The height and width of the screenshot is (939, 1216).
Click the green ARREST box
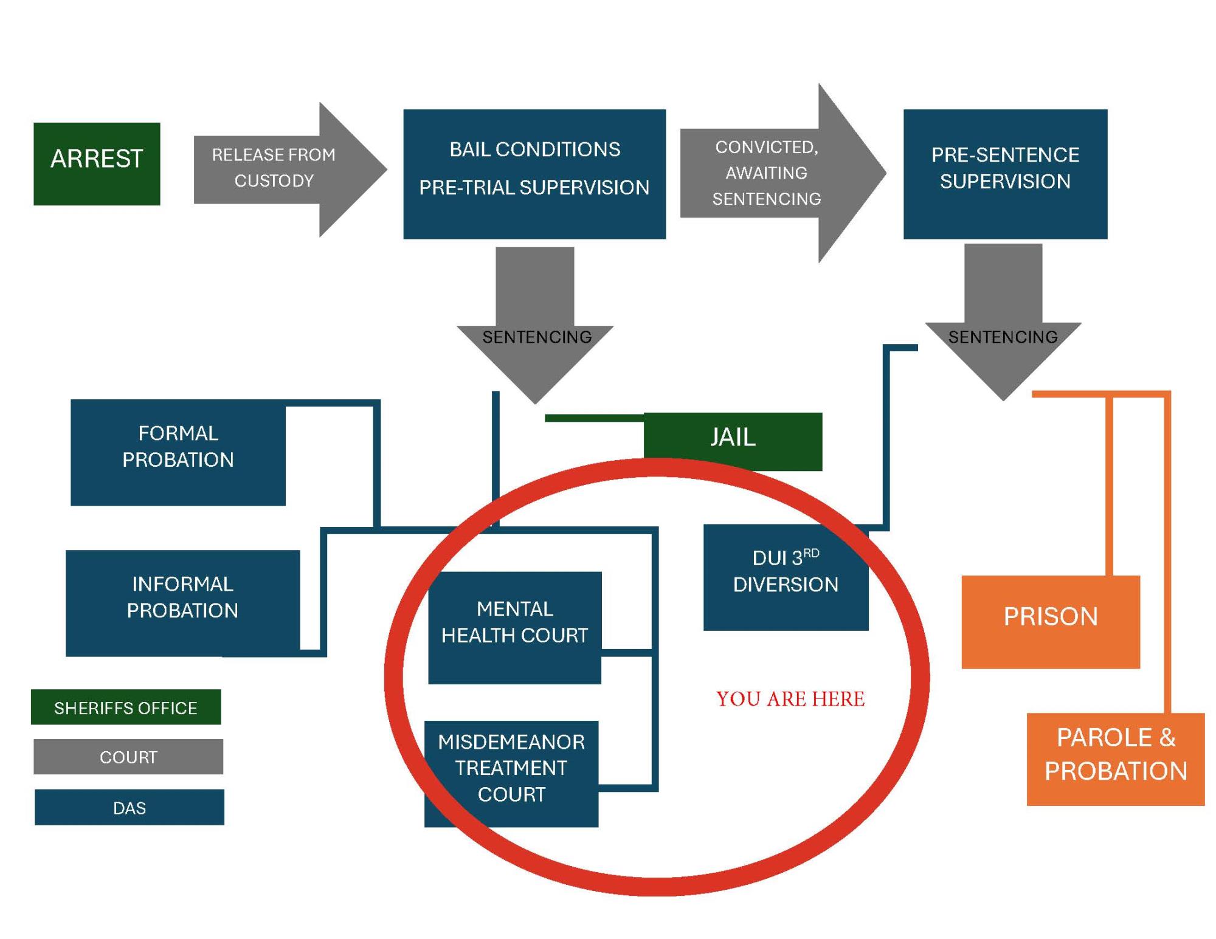pyautogui.click(x=97, y=163)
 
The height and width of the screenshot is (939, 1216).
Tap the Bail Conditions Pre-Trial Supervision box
pyautogui.click(x=534, y=174)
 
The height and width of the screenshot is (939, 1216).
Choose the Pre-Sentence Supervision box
pyautogui.click(x=1004, y=174)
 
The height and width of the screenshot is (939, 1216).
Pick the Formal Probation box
pyautogui.click(x=178, y=452)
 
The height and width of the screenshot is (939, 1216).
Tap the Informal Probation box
pyautogui.click(x=182, y=602)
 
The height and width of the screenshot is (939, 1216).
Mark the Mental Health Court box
pyautogui.click(x=514, y=627)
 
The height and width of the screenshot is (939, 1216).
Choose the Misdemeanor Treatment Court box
pyautogui.click(x=511, y=773)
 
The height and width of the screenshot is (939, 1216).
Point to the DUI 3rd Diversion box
pyautogui.click(x=786, y=577)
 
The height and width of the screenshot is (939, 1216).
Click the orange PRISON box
pyautogui.click(x=1050, y=621)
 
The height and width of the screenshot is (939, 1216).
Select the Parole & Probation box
pyautogui.click(x=1115, y=758)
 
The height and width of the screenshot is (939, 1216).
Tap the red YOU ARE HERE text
pyautogui.click(x=790, y=699)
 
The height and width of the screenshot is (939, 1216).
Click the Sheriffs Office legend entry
pyautogui.click(x=126, y=707)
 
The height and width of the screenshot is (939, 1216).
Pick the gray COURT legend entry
pyautogui.click(x=128, y=756)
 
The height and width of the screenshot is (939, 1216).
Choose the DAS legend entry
pyautogui.click(x=130, y=807)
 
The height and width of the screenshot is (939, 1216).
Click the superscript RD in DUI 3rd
pyautogui.click(x=811, y=553)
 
